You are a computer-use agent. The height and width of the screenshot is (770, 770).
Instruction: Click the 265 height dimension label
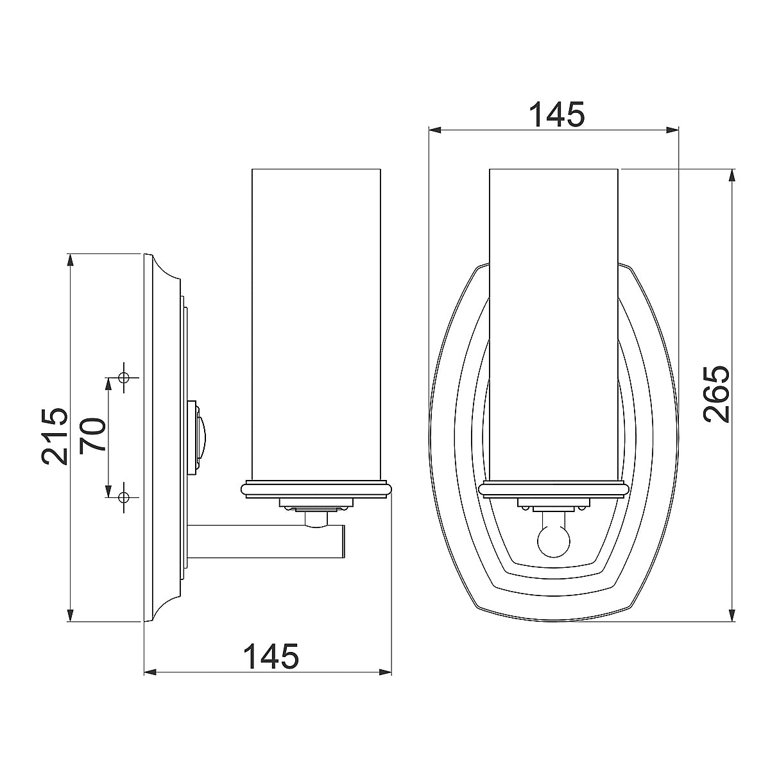pyautogui.click(x=717, y=394)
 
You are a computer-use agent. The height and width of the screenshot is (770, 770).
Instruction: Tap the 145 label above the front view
pyautogui.click(x=556, y=115)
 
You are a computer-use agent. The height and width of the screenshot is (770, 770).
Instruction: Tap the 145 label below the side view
pyautogui.click(x=271, y=656)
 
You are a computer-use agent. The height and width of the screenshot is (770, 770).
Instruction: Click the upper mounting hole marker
pyautogui.click(x=124, y=376)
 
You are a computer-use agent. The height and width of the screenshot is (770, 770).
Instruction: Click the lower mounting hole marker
pyautogui.click(x=124, y=497)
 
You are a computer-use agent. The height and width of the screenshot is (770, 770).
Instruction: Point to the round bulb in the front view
pyautogui.click(x=554, y=541)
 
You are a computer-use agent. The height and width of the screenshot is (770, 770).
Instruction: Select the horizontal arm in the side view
pyautogui.click(x=266, y=540)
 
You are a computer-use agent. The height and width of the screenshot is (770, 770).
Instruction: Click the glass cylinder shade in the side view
pyautogui.click(x=317, y=321)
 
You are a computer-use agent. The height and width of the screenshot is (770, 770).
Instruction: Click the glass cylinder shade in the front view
pyautogui.click(x=554, y=321)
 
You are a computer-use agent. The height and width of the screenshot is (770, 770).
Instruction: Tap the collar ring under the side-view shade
pyautogui.click(x=317, y=489)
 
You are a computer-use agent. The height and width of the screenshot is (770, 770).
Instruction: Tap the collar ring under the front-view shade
pyautogui.click(x=554, y=489)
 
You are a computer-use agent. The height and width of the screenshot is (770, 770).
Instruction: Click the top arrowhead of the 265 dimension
pyautogui.click(x=732, y=175)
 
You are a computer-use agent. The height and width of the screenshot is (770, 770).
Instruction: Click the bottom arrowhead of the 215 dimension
pyautogui.click(x=70, y=615)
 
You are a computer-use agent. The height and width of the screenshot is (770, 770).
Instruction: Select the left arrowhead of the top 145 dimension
pyautogui.click(x=436, y=130)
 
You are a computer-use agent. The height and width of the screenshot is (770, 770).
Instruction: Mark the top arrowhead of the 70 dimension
pyautogui.click(x=108, y=382)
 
